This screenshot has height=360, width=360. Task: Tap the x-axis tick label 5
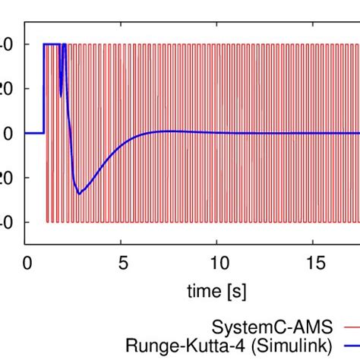pos(122,262)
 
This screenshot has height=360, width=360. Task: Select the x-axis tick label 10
pos(216,262)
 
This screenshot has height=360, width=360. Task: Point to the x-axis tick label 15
pos(311,262)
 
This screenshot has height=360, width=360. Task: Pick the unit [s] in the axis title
pos(237,291)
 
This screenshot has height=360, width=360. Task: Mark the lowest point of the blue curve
pos(78,194)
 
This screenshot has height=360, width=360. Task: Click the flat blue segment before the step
pos(34,133)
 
